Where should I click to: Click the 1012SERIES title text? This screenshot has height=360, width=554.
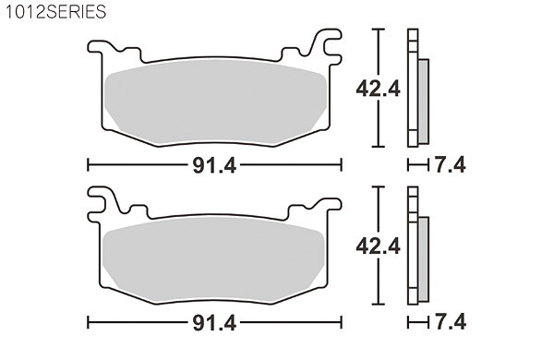[55, 12]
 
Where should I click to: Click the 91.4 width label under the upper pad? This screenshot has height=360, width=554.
[214, 165]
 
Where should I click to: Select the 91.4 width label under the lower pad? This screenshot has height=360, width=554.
[214, 323]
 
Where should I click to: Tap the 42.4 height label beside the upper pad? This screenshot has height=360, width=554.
[378, 89]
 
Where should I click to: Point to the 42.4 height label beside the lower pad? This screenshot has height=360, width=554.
[378, 246]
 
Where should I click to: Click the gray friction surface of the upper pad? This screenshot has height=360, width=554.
[215, 102]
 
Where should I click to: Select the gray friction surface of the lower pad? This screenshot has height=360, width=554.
[214, 259]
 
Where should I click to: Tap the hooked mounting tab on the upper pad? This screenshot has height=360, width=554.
[327, 44]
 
